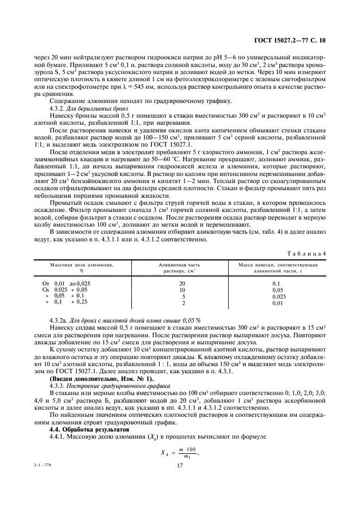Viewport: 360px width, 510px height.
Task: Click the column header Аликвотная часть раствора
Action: click(x=182, y=266)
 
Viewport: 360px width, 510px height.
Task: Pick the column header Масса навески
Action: click(x=278, y=266)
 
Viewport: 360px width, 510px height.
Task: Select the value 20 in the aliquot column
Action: click(x=182, y=283)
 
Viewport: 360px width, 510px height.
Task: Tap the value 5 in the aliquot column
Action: click(x=182, y=296)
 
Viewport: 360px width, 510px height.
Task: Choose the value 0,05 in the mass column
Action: click(x=278, y=290)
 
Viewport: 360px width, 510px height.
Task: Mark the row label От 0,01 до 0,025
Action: click(x=66, y=283)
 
